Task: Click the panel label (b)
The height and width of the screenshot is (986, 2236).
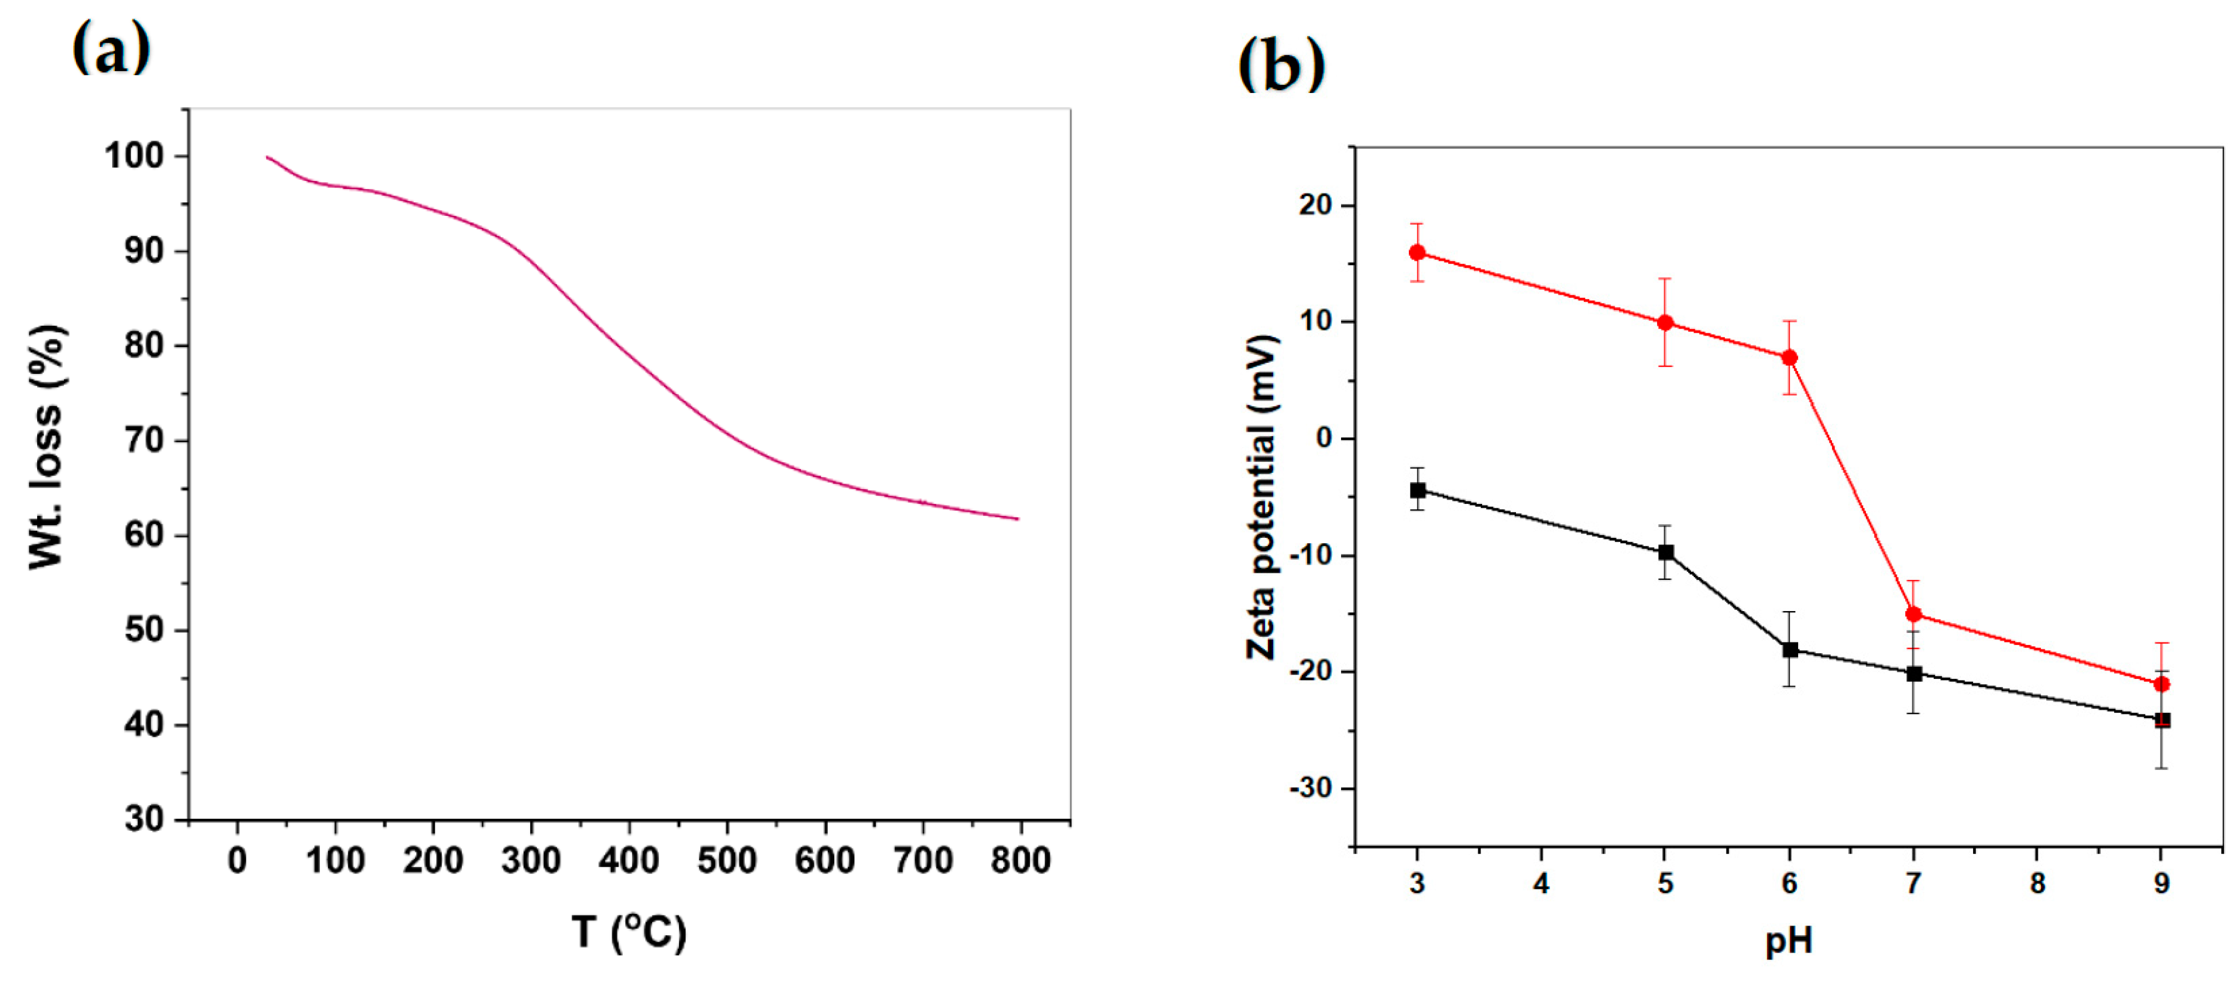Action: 1281,65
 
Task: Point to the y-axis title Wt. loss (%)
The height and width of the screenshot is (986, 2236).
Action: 47,448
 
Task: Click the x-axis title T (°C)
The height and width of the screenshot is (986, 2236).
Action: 629,933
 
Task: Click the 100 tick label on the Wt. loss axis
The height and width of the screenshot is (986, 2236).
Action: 134,157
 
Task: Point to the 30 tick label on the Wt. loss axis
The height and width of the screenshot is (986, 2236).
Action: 144,819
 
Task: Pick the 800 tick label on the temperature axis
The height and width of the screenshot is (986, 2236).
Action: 1021,861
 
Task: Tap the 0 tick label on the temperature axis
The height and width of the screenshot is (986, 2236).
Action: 237,861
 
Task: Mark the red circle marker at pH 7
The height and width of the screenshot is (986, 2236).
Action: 1913,614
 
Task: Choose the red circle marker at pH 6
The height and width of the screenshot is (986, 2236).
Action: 1789,357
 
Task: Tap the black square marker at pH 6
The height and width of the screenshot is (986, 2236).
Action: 1789,650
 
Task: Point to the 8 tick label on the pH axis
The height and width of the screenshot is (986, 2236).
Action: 2037,884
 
